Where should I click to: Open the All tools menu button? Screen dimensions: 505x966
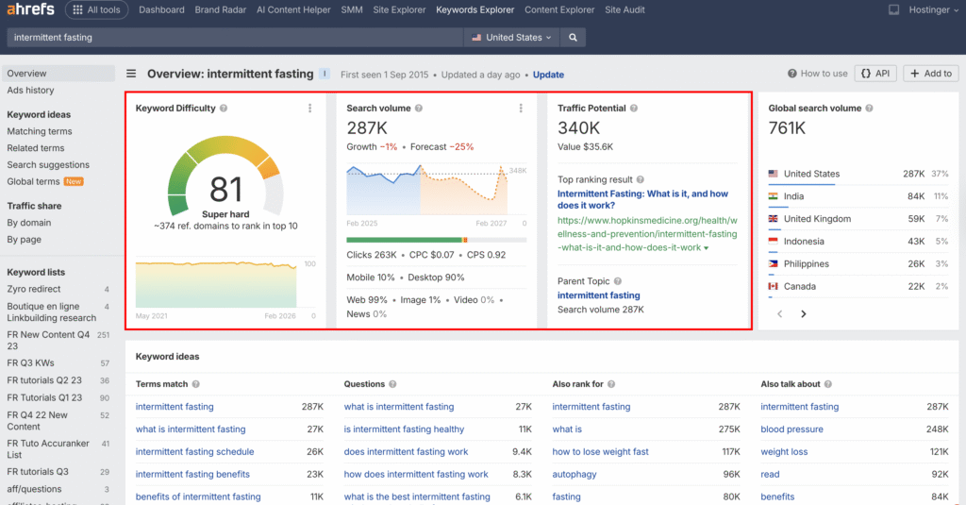(97, 10)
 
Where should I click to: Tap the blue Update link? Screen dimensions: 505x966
(548, 75)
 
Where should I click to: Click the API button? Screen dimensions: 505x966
(875, 74)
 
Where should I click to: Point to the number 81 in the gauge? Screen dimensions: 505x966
(225, 190)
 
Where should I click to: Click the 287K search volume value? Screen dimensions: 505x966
(367, 128)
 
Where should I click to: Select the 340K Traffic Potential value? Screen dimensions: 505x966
(578, 128)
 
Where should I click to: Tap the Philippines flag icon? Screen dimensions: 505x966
(773, 264)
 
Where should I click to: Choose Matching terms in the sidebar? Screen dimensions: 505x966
(40, 131)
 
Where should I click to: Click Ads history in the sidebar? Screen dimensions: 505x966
(30, 91)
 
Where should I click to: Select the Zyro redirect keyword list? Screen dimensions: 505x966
(34, 289)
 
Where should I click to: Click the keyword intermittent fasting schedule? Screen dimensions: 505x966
(194, 451)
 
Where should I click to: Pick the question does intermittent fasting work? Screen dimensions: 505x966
(406, 451)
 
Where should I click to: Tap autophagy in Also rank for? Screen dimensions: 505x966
(574, 474)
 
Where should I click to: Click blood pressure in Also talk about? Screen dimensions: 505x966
(791, 429)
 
